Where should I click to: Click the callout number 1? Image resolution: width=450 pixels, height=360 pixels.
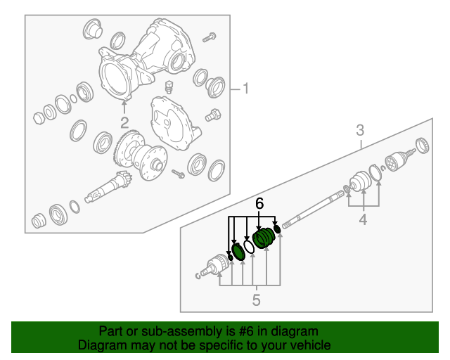pyautogui.click(x=245, y=89)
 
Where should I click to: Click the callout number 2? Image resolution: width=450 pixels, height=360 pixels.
pyautogui.click(x=124, y=122)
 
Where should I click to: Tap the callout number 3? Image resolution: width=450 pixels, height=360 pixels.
pyautogui.click(x=360, y=130)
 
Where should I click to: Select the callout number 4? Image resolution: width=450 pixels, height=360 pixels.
pyautogui.click(x=364, y=219)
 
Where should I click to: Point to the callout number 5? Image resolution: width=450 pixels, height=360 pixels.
pyautogui.click(x=256, y=300)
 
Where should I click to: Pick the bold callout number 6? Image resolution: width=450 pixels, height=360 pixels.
pyautogui.click(x=259, y=203)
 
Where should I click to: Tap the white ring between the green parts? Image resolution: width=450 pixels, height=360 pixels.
pyautogui.click(x=249, y=247)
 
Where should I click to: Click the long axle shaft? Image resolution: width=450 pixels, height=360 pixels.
pyautogui.click(x=313, y=210)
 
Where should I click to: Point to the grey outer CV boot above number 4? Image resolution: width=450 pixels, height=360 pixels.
pyautogui.click(x=361, y=181)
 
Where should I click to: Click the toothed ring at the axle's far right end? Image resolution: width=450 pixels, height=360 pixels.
pyautogui.click(x=423, y=146)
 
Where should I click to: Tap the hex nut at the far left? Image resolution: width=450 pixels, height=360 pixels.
pyautogui.click(x=38, y=117)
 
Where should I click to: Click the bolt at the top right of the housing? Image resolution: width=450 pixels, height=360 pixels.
pyautogui.click(x=210, y=37)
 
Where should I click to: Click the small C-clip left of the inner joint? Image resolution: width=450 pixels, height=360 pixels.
pyautogui.click(x=198, y=276)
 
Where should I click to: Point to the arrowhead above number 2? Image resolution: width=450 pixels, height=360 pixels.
pyautogui.click(x=124, y=103)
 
